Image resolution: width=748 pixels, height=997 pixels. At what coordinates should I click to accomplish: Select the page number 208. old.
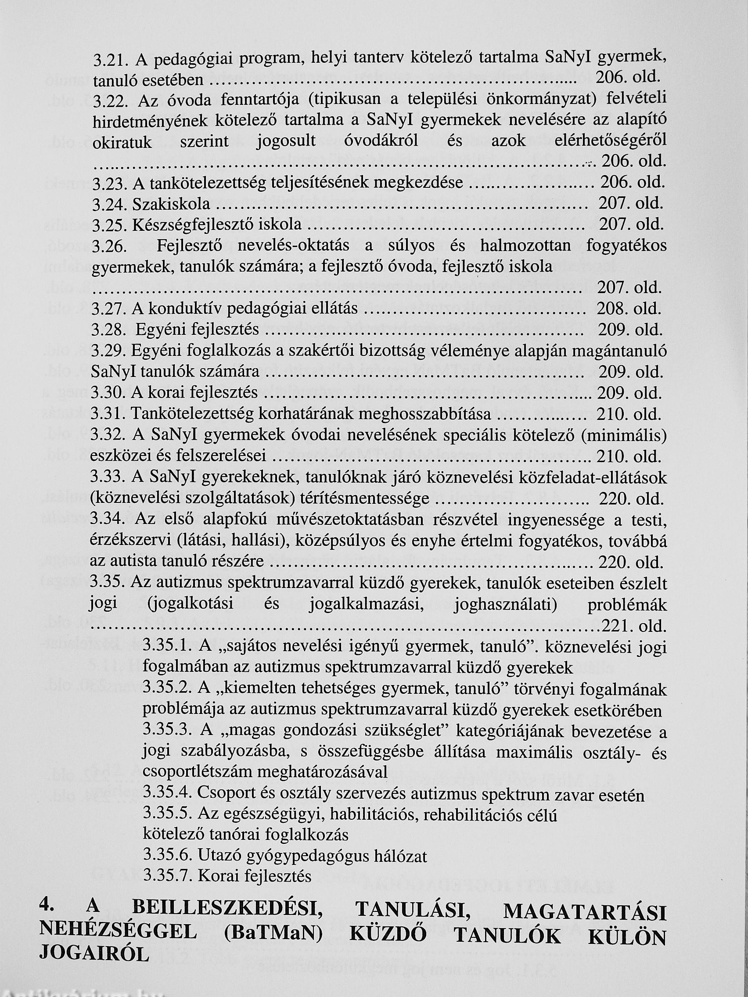(629, 309)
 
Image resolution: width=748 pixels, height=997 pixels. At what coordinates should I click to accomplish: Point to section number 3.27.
(109, 309)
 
